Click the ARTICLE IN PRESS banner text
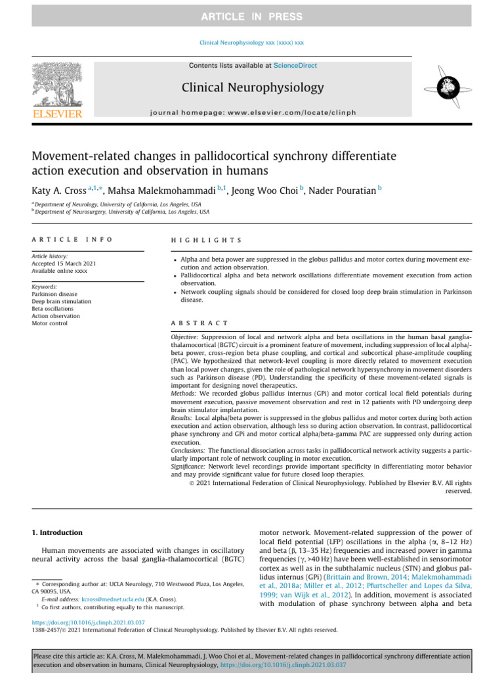(x=251, y=16)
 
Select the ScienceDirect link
(x=295, y=66)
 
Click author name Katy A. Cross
(x=59, y=191)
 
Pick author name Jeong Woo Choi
(x=264, y=191)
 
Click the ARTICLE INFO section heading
(x=72, y=240)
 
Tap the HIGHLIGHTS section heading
(x=206, y=241)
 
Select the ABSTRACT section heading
(x=199, y=323)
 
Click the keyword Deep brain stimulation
(x=62, y=302)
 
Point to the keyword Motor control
(x=50, y=323)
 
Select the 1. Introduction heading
(x=57, y=532)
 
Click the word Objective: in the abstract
(x=186, y=336)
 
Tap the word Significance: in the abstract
(x=189, y=465)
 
